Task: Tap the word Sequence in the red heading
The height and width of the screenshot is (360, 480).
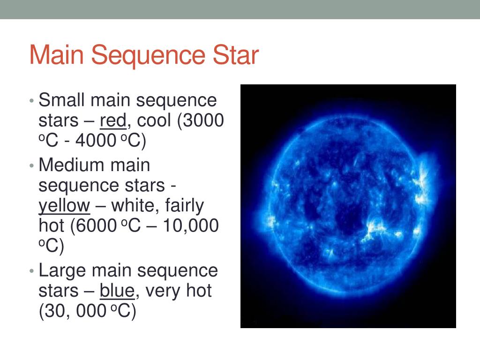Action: click(x=148, y=55)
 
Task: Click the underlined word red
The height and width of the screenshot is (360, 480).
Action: click(x=113, y=120)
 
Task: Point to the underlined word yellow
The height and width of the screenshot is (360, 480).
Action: click(x=64, y=206)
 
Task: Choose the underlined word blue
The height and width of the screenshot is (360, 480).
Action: click(x=117, y=290)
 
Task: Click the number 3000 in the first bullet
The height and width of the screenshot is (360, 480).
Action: click(x=204, y=120)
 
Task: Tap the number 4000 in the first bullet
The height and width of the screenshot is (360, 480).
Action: click(x=96, y=141)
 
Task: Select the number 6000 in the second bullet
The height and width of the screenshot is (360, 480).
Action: click(x=97, y=225)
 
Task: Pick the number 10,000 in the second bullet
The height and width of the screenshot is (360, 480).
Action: click(x=191, y=225)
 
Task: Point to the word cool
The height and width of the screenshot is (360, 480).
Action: click(x=154, y=120)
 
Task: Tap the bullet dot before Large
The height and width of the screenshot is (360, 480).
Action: click(x=31, y=271)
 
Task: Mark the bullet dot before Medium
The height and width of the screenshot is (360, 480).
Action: click(x=31, y=165)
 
